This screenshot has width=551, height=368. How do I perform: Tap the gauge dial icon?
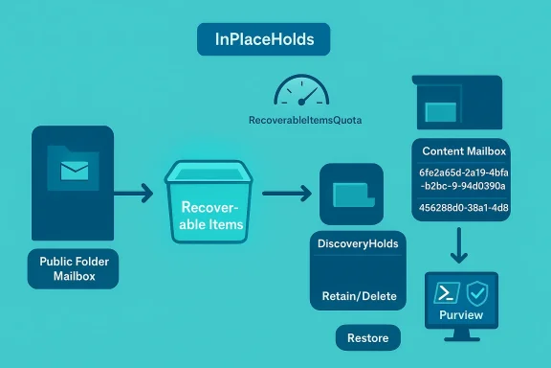point(301,92)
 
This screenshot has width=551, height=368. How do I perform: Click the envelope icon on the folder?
point(75,172)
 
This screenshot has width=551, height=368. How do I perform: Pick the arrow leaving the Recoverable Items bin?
point(287,194)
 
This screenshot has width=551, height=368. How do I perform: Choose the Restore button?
point(368,337)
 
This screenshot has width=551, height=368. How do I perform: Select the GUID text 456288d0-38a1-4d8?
point(464,208)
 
